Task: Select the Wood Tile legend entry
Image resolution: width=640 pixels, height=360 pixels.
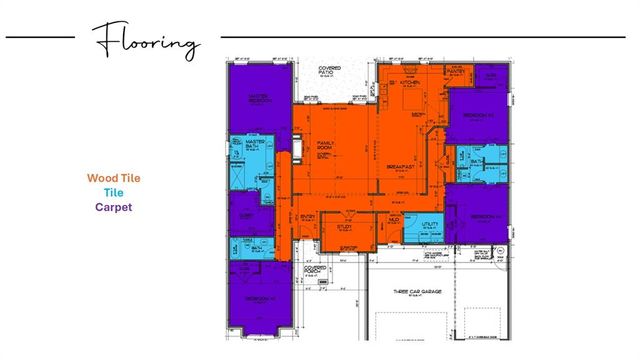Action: [113, 178]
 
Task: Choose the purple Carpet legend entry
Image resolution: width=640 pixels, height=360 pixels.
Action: [113, 207]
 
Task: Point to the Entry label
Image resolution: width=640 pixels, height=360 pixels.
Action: [308, 216]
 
